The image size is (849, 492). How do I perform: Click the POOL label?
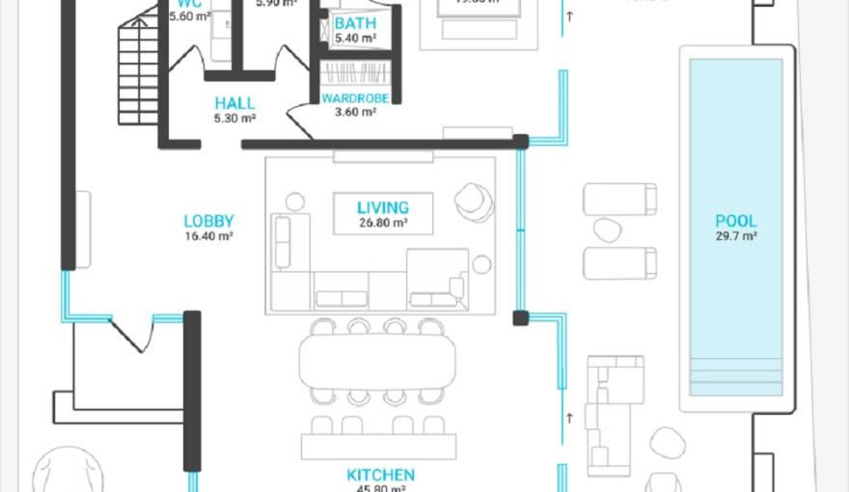735,221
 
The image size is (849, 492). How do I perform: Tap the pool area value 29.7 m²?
735,236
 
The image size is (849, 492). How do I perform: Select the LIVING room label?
383,207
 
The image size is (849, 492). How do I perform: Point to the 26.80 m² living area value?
383,223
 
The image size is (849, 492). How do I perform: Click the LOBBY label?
208,221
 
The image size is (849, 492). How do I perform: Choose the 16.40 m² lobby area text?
208,235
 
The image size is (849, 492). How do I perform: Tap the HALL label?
234,103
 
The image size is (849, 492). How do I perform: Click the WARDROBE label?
355,98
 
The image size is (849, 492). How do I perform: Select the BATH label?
355,23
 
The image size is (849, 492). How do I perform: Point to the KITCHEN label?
381,475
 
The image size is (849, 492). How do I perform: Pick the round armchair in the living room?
474,201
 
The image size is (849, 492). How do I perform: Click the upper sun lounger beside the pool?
619,199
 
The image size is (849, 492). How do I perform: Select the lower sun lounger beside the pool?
619,262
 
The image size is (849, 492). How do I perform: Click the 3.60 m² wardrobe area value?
355,112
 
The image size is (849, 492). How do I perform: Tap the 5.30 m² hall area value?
234,119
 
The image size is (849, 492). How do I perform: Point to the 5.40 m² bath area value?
355,39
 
